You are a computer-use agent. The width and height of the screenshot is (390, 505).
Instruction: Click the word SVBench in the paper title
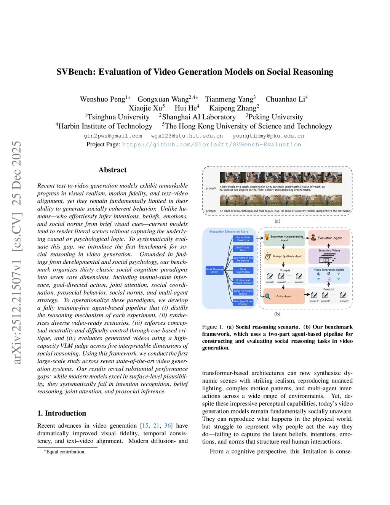click(x=74, y=72)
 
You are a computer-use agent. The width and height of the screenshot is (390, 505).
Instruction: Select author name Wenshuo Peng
click(x=102, y=99)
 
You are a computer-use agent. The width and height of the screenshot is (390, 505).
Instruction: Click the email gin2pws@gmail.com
click(x=113, y=136)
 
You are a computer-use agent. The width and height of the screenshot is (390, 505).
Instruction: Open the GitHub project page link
click(x=211, y=145)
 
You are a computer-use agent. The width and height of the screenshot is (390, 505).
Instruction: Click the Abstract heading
click(x=112, y=170)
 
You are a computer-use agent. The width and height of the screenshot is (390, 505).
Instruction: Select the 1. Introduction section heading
click(x=62, y=414)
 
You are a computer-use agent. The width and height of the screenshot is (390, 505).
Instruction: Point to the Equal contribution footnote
click(x=66, y=452)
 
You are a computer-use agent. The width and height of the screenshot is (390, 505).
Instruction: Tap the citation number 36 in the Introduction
click(x=168, y=426)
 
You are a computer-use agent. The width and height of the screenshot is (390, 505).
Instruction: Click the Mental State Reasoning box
click(x=243, y=239)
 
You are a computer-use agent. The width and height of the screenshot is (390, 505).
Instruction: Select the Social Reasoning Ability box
click(x=214, y=271)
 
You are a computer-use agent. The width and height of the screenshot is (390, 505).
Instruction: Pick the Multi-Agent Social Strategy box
click(x=243, y=303)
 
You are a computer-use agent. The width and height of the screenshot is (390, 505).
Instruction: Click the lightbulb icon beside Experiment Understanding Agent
click(x=267, y=237)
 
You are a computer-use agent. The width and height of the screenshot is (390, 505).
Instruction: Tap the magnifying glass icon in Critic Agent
click(x=268, y=296)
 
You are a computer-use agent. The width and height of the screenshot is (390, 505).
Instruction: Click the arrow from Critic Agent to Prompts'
click(x=307, y=295)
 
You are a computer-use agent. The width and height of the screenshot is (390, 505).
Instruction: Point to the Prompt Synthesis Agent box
click(x=284, y=256)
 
